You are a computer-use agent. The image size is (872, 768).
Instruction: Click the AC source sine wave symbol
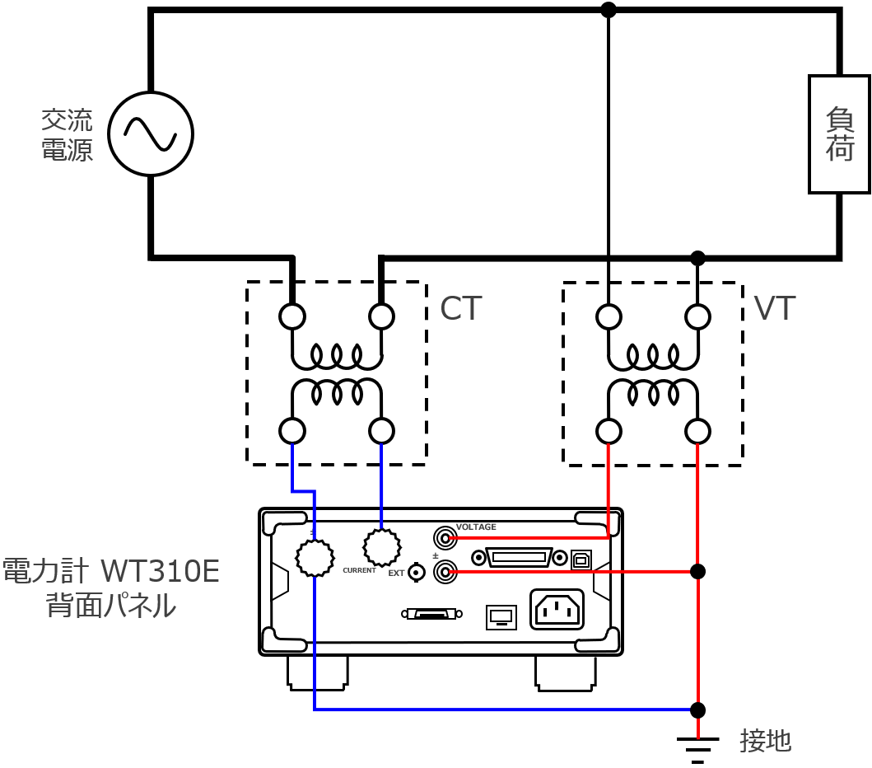click(x=151, y=133)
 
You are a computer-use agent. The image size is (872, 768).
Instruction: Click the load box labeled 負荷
click(x=839, y=134)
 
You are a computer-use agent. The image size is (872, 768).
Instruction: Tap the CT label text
click(x=460, y=308)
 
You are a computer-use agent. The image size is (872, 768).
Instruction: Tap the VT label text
click(x=775, y=308)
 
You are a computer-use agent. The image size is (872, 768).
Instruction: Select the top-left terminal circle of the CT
click(x=292, y=316)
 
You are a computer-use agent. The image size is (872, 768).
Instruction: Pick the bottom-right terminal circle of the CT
click(x=381, y=430)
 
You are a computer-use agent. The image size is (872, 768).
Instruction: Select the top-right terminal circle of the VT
click(x=697, y=316)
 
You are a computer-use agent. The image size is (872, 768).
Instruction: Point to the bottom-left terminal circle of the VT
click(x=609, y=430)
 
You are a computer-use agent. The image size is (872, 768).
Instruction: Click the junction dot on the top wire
click(x=609, y=10)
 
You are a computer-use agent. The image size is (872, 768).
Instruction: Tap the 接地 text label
click(x=766, y=741)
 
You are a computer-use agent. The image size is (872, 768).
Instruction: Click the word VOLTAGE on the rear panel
click(x=476, y=527)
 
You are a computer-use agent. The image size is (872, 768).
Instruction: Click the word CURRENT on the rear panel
click(x=360, y=570)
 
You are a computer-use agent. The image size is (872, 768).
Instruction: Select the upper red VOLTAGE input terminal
click(x=445, y=539)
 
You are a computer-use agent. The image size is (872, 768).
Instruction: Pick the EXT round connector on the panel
click(x=418, y=572)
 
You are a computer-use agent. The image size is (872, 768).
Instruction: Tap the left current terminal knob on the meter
click(x=315, y=558)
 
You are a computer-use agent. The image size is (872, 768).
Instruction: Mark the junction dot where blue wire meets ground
click(x=697, y=709)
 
